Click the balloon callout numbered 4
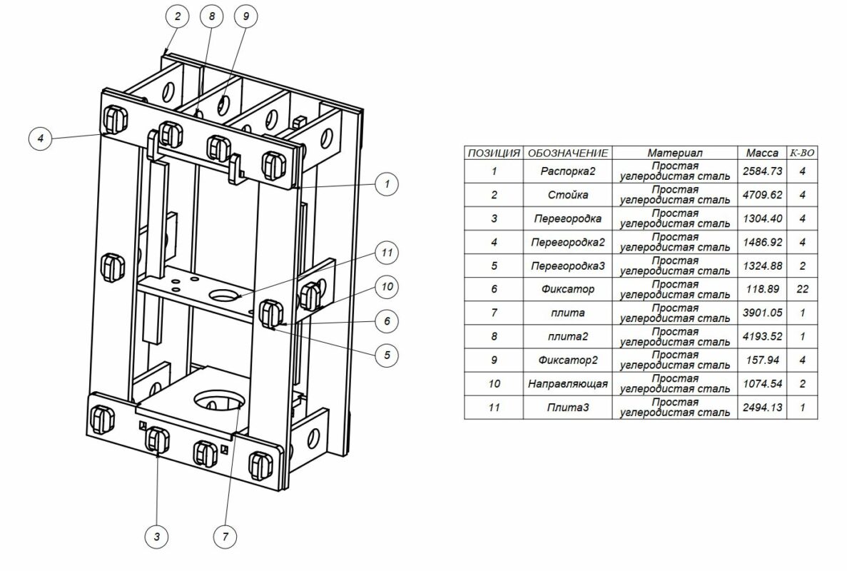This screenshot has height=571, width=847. coord(41,138)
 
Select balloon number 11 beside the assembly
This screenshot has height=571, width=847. coord(387,253)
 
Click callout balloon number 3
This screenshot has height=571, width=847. coord(157,535)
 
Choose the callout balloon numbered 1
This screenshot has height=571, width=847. coord(387,183)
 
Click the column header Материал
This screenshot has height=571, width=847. coord(675,153)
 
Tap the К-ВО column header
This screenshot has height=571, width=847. coord(801,153)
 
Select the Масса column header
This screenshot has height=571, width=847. coord(762,153)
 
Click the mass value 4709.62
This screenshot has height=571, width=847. coord(762,195)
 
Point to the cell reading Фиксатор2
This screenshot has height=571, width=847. coord(567,360)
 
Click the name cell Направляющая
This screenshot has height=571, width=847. coord(567,384)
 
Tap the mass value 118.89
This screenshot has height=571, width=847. coord(762,290)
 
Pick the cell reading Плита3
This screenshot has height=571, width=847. coord(567,408)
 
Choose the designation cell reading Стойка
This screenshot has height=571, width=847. coord(567,195)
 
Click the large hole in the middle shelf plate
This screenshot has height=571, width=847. coord(225,293)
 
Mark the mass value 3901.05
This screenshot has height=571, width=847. coord(762,313)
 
